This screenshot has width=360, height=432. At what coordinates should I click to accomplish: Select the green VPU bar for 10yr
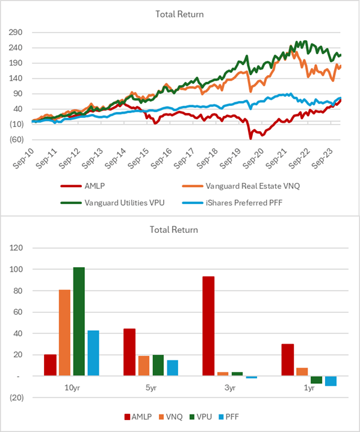click(79, 322)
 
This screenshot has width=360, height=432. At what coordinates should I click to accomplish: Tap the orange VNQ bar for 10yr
click(64, 333)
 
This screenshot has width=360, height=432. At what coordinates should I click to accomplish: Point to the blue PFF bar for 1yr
click(331, 381)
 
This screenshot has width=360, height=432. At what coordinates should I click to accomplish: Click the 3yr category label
click(229, 389)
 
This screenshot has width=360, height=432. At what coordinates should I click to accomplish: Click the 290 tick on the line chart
click(16, 32)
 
